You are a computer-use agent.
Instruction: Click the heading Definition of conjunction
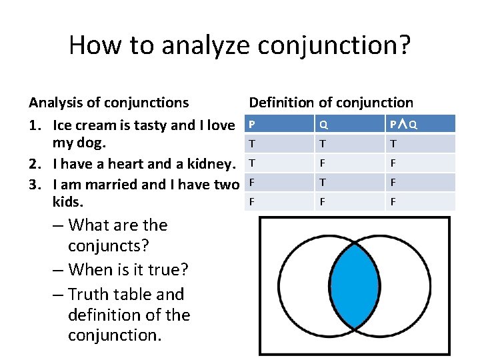click(331, 103)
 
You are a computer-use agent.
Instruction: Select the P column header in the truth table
click(252, 124)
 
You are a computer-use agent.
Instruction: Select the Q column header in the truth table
click(323, 125)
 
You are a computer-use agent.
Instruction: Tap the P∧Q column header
click(404, 125)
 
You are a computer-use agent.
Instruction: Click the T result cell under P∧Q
click(393, 144)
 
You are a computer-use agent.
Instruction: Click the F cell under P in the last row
click(252, 202)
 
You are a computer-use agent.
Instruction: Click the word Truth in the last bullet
click(91, 295)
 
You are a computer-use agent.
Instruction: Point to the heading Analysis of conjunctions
click(109, 103)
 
